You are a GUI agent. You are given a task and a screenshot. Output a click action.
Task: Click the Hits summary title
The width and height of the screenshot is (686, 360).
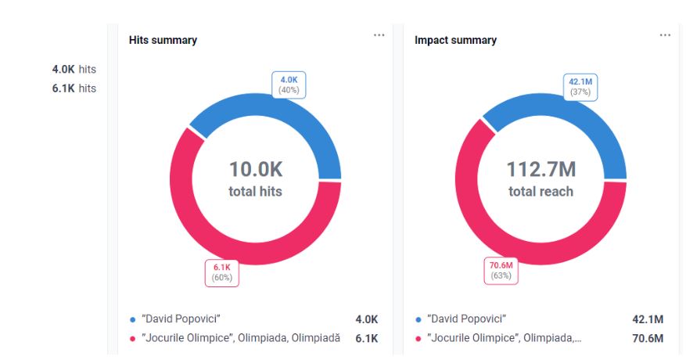163,40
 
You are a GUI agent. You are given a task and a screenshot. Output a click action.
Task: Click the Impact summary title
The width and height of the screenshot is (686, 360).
455,40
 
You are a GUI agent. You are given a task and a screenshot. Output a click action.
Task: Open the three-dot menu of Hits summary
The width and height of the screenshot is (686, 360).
379,35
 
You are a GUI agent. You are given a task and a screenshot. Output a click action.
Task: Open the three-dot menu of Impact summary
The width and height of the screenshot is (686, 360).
665,35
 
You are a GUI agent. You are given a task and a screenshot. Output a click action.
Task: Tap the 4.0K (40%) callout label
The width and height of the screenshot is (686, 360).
289,85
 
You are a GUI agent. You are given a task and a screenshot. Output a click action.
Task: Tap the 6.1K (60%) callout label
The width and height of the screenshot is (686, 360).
222,272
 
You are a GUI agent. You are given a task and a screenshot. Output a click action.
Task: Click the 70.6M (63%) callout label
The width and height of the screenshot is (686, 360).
501,270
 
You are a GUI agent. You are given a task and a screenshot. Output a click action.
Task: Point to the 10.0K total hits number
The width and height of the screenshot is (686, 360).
255,169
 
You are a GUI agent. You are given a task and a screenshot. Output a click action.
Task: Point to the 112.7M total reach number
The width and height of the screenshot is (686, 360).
541,169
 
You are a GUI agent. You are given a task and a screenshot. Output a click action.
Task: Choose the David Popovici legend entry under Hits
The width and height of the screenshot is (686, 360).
181,319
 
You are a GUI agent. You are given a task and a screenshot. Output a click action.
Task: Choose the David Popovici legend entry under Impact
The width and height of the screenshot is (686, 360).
466,319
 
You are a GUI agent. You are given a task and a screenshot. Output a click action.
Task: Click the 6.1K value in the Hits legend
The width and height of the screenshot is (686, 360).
366,338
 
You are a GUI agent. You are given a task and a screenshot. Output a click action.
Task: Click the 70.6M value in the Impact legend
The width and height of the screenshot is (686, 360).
648,338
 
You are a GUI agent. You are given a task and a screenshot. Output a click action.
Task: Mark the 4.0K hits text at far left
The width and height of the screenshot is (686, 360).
74,70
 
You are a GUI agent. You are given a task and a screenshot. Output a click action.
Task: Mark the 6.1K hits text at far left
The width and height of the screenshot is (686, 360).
74,88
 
